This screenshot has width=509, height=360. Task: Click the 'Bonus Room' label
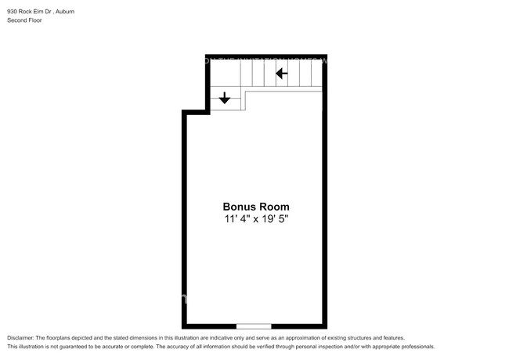(256, 207)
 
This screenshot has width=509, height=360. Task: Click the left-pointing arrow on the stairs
(281, 74)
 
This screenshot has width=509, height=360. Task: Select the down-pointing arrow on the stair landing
(225, 98)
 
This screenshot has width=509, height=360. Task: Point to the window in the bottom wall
(254, 326)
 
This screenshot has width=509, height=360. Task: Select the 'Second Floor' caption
(24, 20)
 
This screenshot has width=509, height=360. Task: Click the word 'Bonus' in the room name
(239, 207)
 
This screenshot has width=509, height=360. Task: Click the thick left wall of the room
(185, 219)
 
